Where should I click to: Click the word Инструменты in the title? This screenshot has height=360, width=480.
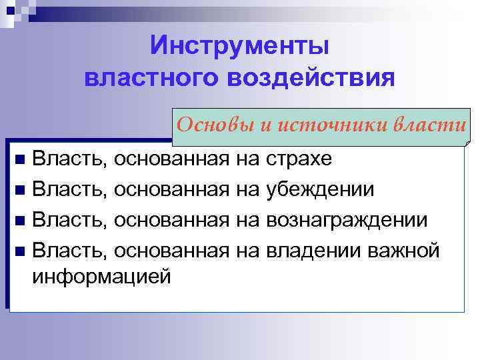[x=240, y=47]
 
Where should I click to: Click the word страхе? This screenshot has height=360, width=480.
[x=298, y=159]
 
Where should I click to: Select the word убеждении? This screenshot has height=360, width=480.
[x=319, y=189]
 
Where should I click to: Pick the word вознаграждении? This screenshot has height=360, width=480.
[x=347, y=219]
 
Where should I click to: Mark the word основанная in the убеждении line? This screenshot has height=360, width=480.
[x=171, y=189]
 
